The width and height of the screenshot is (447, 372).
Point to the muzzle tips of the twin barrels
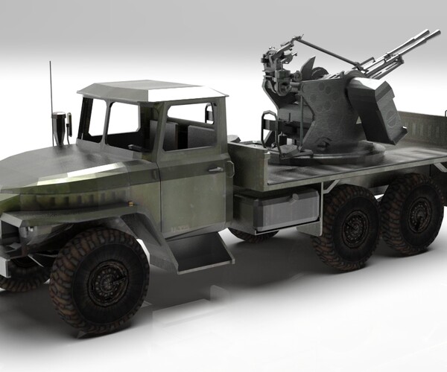[431, 35]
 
